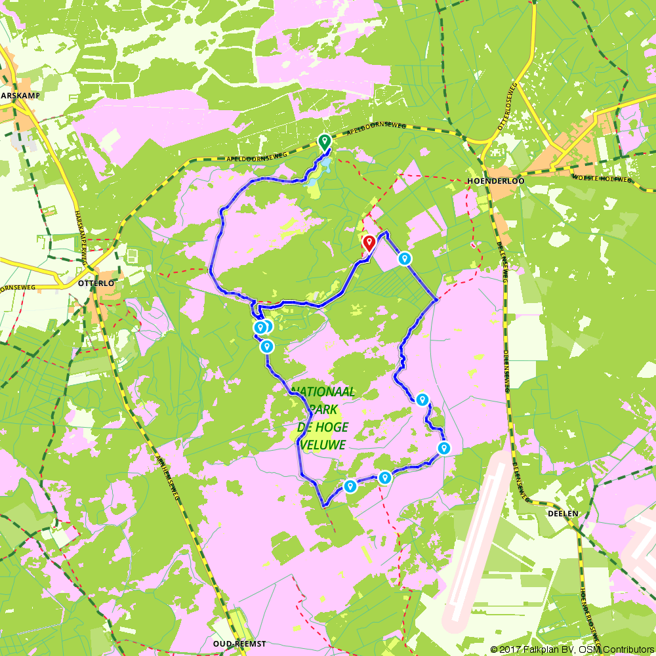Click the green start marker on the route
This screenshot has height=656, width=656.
click(x=323, y=141)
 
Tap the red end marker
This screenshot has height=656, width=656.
click(x=369, y=243)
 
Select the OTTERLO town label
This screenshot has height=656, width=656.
click(x=96, y=283)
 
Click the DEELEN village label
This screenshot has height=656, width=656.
click(x=563, y=514)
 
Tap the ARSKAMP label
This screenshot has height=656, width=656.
click(x=21, y=95)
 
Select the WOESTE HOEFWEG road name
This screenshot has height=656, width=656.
click(x=602, y=178)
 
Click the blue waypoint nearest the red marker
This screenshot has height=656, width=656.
click(x=405, y=259)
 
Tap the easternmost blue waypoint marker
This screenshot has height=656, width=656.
click(x=444, y=449)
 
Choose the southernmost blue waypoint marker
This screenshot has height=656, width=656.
click(x=350, y=486)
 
